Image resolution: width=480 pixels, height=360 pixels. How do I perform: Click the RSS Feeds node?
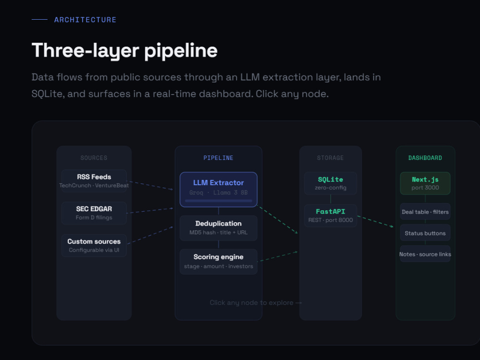click(94, 180)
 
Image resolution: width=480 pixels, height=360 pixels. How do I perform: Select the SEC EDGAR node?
click(94, 213)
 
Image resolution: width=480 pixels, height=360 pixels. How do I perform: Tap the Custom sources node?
click(94, 245)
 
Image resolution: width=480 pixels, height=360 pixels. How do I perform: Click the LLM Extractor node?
click(218, 190)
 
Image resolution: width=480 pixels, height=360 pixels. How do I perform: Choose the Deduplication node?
click(218, 228)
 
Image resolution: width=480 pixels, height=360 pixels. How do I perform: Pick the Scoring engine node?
click(218, 262)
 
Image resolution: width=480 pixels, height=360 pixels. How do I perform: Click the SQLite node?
click(331, 183)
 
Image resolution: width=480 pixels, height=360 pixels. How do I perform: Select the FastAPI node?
click(331, 216)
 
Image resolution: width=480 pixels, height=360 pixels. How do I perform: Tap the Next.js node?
click(425, 183)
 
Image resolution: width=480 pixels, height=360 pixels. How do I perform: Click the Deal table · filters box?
click(425, 212)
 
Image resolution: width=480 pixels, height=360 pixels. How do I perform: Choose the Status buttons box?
click(425, 233)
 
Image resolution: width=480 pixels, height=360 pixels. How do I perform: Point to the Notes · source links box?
click(425, 254)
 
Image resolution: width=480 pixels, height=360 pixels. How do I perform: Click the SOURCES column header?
click(94, 158)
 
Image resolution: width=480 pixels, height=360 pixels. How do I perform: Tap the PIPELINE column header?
click(218, 158)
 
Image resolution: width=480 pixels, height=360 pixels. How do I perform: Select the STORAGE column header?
click(331, 158)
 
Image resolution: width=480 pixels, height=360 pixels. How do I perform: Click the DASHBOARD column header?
click(425, 158)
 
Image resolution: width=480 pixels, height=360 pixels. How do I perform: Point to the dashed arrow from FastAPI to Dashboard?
click(375, 222)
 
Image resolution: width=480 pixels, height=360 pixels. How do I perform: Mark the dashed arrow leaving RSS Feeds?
click(150, 185)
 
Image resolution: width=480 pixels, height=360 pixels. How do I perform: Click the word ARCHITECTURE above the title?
click(85, 20)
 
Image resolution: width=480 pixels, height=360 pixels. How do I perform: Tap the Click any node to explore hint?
click(256, 303)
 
